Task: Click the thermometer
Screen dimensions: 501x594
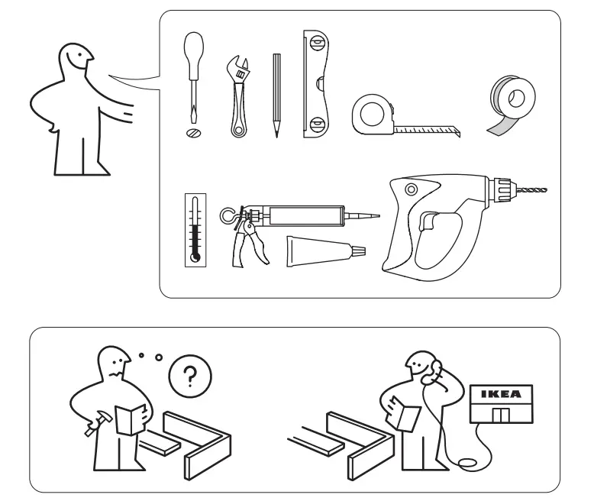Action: (x=195, y=229)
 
